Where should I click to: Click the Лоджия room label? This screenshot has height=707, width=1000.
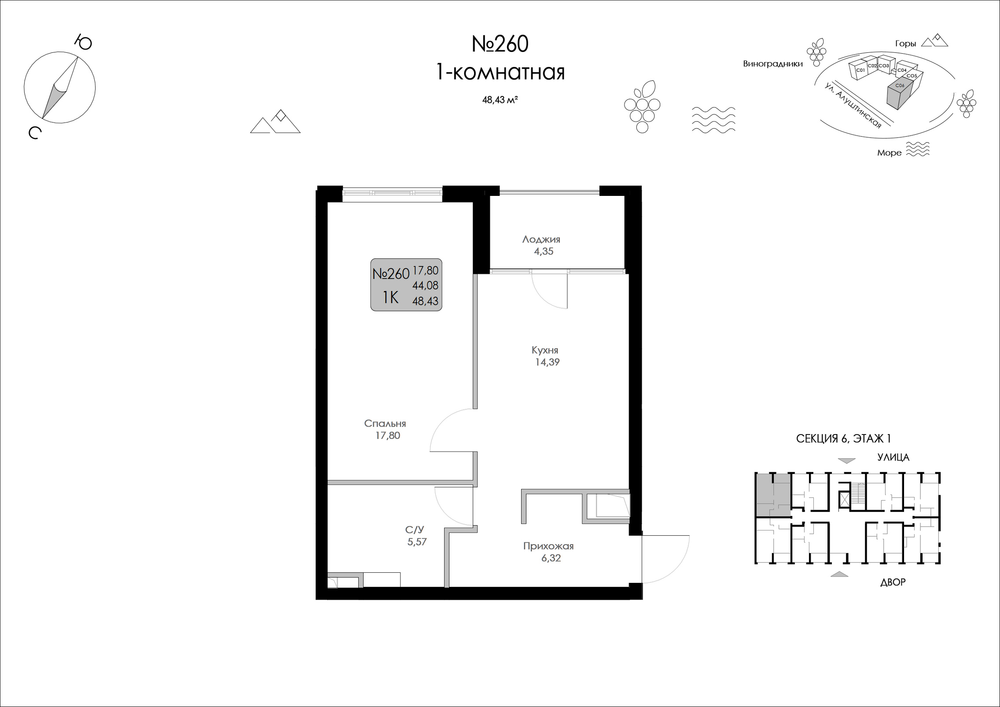click(x=541, y=239)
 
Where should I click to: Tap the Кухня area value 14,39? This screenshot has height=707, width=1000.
click(x=547, y=362)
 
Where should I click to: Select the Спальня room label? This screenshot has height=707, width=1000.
click(x=385, y=423)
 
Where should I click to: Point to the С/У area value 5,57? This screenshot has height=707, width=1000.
click(x=417, y=542)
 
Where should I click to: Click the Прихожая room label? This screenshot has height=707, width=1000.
click(x=548, y=546)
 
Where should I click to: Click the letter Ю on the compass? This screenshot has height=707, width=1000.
click(x=83, y=42)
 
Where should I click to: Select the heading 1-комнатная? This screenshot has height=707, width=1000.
click(x=500, y=72)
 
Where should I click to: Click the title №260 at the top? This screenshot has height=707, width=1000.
click(x=500, y=44)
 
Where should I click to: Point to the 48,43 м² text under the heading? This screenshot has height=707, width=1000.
click(x=500, y=100)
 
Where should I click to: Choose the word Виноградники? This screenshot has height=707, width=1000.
click(x=773, y=64)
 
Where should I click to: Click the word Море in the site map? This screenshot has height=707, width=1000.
click(x=889, y=153)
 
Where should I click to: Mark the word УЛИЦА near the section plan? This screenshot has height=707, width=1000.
click(x=893, y=457)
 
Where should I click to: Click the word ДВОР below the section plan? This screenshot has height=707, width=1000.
click(x=893, y=582)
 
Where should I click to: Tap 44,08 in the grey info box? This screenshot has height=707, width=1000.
click(x=425, y=286)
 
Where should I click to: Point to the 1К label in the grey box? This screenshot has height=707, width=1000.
click(x=390, y=298)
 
